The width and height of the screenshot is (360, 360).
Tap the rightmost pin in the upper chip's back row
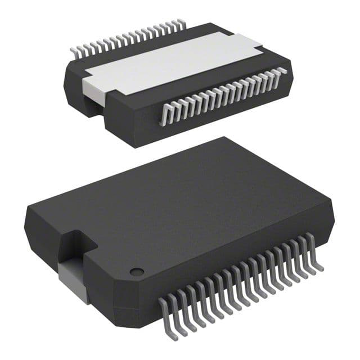click(x=181, y=24)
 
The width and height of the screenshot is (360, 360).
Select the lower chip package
click(x=180, y=225)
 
